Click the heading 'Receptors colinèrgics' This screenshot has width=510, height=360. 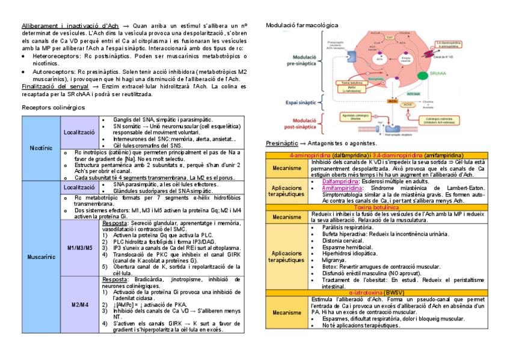click(x=53, y=107)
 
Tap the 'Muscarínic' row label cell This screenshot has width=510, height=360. click(x=40, y=257)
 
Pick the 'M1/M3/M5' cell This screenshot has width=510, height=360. click(x=80, y=247)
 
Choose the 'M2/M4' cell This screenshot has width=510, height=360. click(x=80, y=304)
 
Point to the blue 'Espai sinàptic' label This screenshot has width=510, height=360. click(x=290, y=103)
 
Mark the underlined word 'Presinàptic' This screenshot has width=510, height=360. click(x=282, y=144)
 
